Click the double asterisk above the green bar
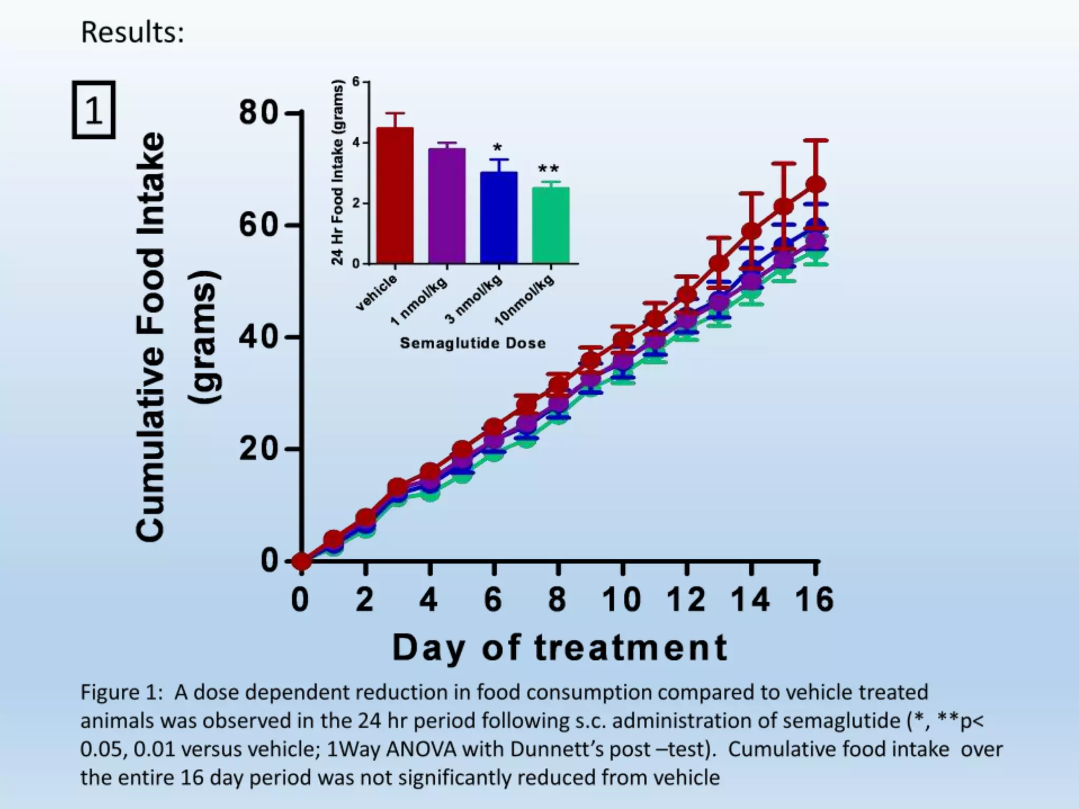point(548,170)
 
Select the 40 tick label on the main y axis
point(258,337)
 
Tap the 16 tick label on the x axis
point(815,600)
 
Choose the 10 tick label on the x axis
point(622,600)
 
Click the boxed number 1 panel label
point(94,110)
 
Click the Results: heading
point(132,33)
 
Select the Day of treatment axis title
point(560,648)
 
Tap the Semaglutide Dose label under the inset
point(473,343)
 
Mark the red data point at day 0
point(301,562)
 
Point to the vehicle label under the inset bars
point(377,293)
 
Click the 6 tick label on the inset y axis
point(356,82)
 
